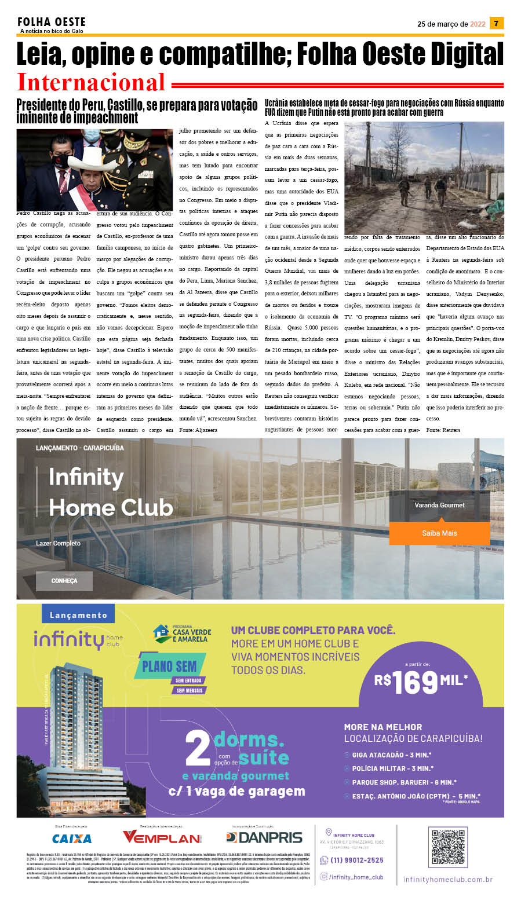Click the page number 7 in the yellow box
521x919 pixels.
coord(496,23)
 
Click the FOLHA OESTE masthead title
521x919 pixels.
coord(52,22)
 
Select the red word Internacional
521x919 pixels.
coord(92,82)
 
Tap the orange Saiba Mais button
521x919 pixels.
coord(439,533)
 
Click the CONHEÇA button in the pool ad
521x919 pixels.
coord(64,580)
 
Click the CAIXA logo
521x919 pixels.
coord(72,839)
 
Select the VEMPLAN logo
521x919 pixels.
coord(162,837)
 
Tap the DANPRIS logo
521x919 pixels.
coord(264,837)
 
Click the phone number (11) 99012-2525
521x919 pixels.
coord(356,860)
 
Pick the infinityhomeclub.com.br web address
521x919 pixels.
coord(447,880)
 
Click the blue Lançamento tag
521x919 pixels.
coord(78,615)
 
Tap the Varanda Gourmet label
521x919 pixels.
coord(439,505)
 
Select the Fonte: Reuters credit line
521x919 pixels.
coord(443,430)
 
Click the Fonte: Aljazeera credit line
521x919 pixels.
coord(198,430)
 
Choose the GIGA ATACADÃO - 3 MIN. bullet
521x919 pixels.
coord(391,755)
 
